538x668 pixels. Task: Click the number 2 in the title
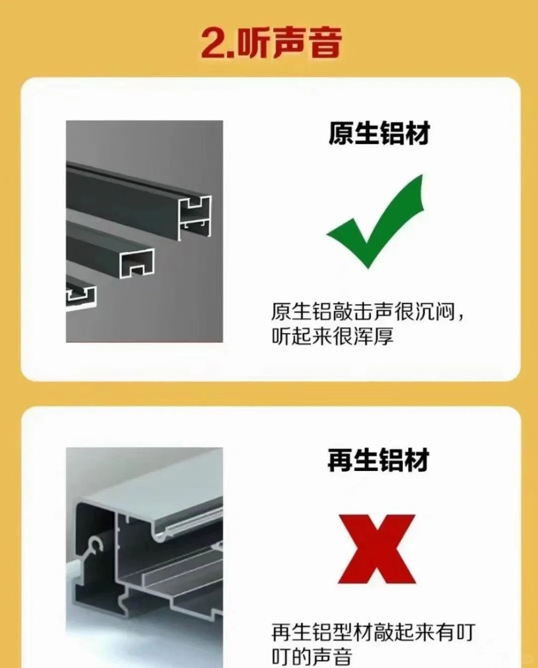[x=214, y=43]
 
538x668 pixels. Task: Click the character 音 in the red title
[x=324, y=43]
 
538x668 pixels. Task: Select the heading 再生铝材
[x=378, y=460]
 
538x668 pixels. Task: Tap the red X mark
[x=377, y=549]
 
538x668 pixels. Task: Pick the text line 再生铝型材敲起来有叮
[x=373, y=633]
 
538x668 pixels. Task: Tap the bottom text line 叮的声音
[x=312, y=656]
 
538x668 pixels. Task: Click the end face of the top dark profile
[x=195, y=217]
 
